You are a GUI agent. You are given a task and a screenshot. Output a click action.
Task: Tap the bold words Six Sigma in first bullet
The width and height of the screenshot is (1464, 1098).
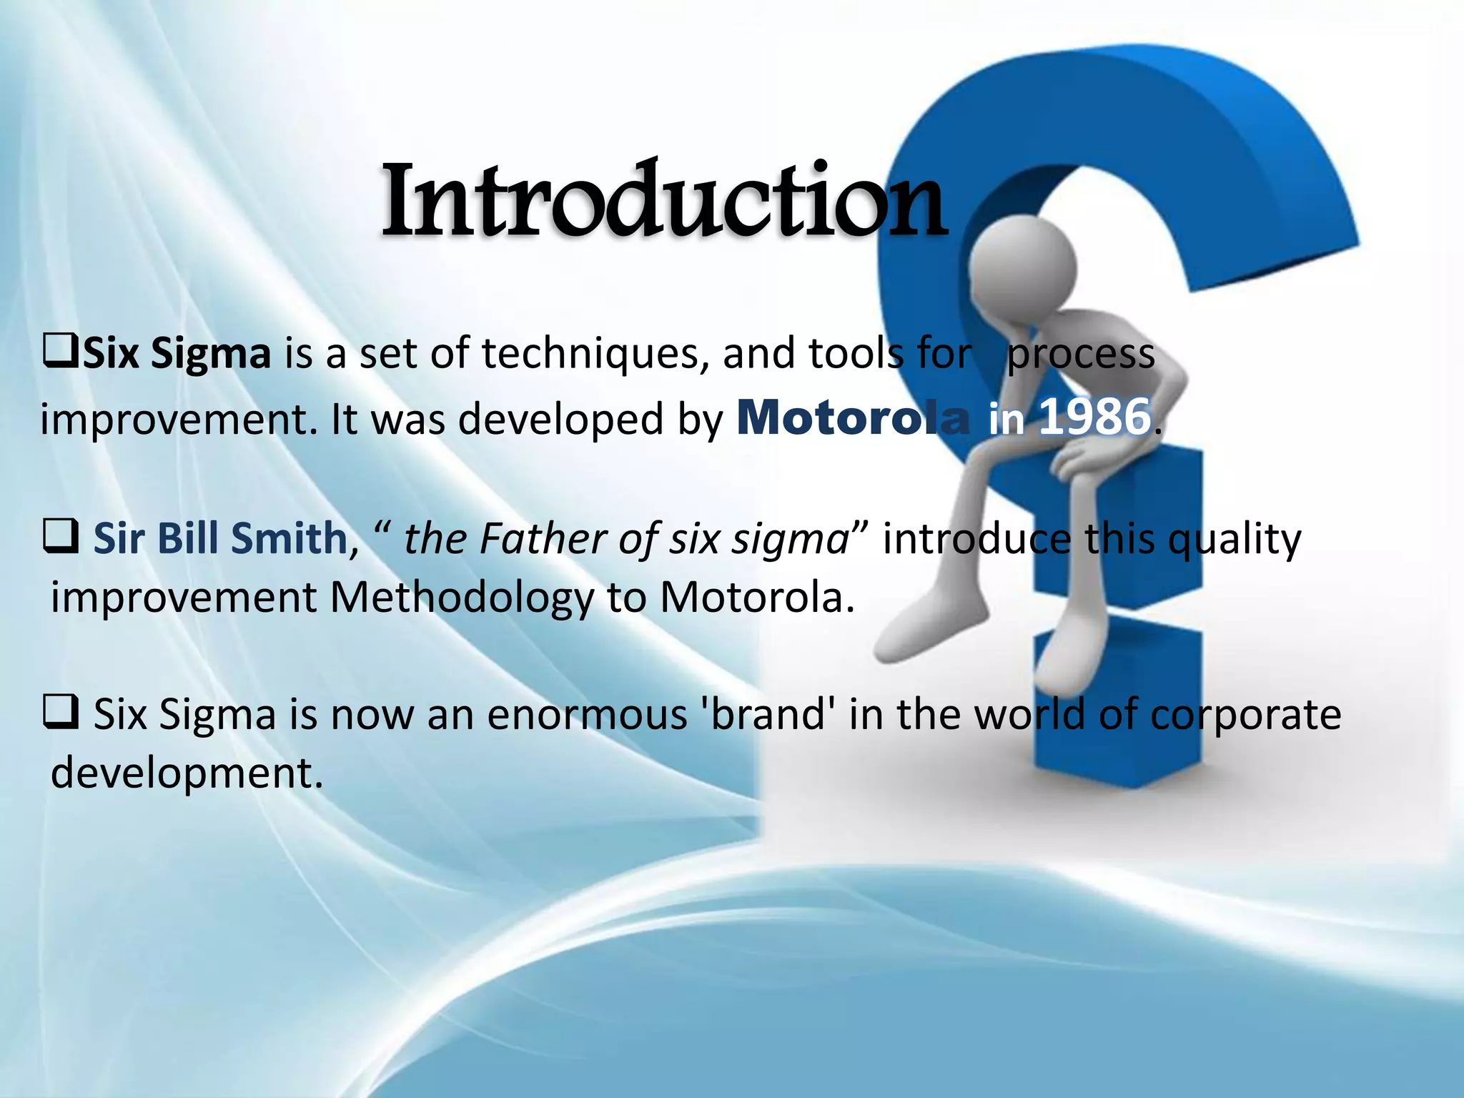pyautogui.click(x=177, y=354)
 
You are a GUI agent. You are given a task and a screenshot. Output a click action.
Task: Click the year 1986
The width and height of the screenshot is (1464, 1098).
pyautogui.click(x=1094, y=417)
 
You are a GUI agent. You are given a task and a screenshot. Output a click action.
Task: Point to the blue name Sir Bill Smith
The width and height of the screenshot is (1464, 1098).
pyautogui.click(x=220, y=538)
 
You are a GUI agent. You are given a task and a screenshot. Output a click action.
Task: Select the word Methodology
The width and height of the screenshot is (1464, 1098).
pyautogui.click(x=461, y=598)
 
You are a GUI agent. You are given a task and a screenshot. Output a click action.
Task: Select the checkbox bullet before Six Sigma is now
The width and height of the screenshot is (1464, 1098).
pyautogui.click(x=61, y=713)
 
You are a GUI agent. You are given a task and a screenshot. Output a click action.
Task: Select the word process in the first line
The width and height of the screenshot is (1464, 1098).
pyautogui.click(x=1080, y=354)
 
